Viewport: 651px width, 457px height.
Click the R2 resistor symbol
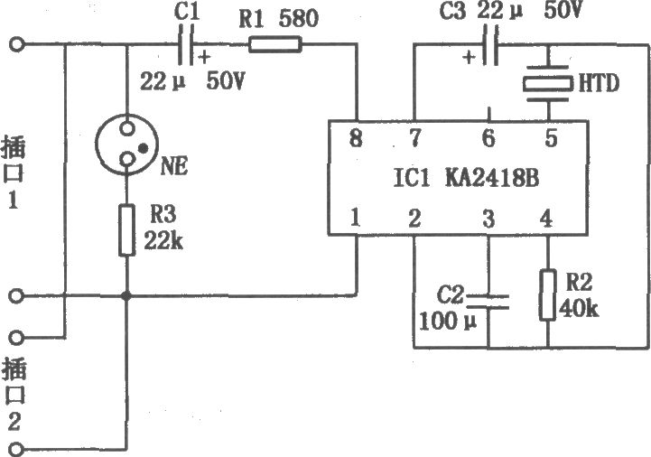pyautogui.click(x=548, y=294)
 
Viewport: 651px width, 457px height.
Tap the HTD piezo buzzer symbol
pyautogui.click(x=547, y=83)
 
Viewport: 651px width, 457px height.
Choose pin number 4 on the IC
pyautogui.click(x=547, y=218)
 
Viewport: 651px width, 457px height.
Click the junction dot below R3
pyautogui.click(x=126, y=295)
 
